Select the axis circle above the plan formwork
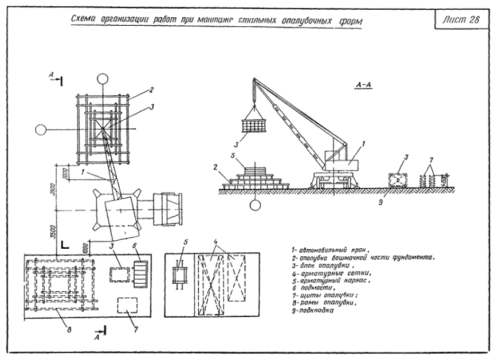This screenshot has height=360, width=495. pos(102,78)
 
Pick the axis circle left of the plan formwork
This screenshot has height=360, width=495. pos(41,130)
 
